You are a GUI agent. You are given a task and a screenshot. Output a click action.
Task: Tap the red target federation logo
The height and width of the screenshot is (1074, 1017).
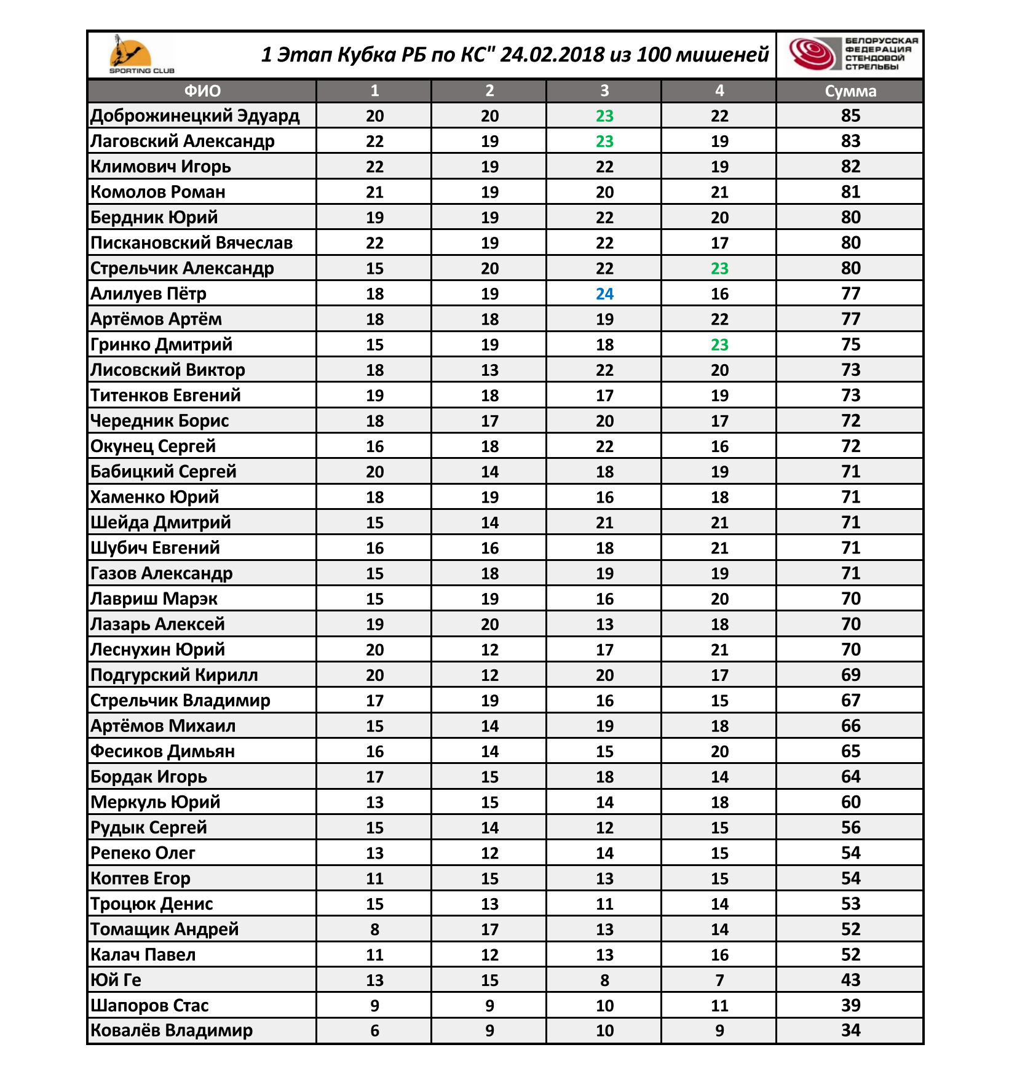click(812, 54)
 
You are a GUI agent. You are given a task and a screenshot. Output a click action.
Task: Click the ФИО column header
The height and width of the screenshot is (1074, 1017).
click(202, 91)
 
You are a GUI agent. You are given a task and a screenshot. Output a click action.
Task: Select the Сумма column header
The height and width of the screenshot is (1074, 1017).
click(850, 91)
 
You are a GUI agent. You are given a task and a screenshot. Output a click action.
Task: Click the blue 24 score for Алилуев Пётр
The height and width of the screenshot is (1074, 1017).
click(604, 294)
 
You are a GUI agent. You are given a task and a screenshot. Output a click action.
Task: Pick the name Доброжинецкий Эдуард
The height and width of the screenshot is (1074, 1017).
click(195, 116)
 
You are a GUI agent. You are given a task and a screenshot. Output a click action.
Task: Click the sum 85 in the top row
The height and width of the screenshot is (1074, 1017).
click(850, 116)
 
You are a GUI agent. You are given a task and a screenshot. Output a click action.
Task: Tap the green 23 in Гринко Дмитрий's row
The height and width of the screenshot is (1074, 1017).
click(719, 344)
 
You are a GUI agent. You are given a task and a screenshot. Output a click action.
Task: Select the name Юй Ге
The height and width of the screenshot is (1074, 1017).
click(116, 980)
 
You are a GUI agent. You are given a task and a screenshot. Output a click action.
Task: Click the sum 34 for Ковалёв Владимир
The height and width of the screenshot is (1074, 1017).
click(850, 1030)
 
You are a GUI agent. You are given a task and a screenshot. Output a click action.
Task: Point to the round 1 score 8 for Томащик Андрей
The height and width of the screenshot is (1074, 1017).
click(374, 929)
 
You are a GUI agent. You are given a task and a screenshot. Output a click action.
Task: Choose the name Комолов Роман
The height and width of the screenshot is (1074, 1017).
click(158, 192)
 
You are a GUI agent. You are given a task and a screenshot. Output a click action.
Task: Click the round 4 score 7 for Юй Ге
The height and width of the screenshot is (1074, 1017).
click(719, 980)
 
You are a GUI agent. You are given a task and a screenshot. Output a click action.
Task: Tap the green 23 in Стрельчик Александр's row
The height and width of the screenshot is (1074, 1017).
click(719, 268)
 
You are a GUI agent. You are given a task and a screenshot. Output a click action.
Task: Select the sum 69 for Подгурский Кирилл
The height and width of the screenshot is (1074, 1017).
click(850, 675)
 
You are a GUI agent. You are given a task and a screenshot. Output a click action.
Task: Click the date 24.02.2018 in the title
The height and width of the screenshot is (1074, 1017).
click(552, 55)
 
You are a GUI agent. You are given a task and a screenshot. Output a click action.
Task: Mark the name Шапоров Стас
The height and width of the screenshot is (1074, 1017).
click(149, 1006)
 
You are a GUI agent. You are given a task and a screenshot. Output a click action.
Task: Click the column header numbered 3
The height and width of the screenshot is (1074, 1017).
click(604, 91)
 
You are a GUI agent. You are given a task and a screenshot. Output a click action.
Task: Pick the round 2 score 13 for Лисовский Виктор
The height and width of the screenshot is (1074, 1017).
click(489, 370)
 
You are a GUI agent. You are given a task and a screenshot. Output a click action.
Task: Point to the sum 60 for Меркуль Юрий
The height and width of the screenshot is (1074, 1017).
click(850, 802)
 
